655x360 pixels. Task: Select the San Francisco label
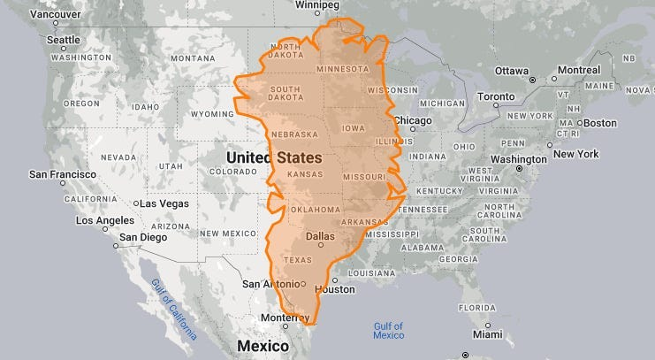click(x=62, y=174)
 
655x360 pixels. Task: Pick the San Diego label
click(x=142, y=237)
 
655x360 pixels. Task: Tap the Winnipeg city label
click(x=317, y=5)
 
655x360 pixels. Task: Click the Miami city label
click(x=486, y=335)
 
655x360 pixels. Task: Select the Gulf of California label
click(x=173, y=304)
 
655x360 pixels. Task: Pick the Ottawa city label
click(x=511, y=71)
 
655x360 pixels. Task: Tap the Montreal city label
click(x=579, y=71)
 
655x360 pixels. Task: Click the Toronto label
click(x=495, y=96)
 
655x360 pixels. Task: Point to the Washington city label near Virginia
click(x=518, y=159)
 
